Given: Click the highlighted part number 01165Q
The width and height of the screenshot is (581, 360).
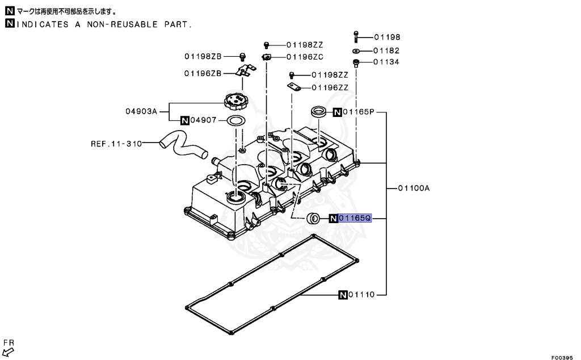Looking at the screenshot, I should (x=355, y=218).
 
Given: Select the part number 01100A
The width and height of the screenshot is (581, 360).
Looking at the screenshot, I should (x=413, y=188).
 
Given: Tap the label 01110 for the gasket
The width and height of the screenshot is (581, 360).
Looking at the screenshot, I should (x=361, y=295).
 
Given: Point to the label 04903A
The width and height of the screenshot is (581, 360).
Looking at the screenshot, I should (x=141, y=111).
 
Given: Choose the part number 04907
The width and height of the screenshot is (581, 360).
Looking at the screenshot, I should (x=203, y=120).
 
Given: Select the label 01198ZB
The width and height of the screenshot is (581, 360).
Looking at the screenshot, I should (x=202, y=56).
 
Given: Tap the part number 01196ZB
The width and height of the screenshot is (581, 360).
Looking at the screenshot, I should (x=202, y=73).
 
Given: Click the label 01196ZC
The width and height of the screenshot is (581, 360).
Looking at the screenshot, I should (x=305, y=56).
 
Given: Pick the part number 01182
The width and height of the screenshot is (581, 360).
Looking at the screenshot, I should (x=386, y=51).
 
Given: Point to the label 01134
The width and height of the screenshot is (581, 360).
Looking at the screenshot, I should (x=386, y=62).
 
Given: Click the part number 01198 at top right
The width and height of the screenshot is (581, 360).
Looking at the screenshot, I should (x=386, y=37).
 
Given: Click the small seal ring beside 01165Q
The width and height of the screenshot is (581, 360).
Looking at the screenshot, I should (x=313, y=219).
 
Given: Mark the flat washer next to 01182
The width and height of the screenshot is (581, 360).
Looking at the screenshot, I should (x=356, y=51).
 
